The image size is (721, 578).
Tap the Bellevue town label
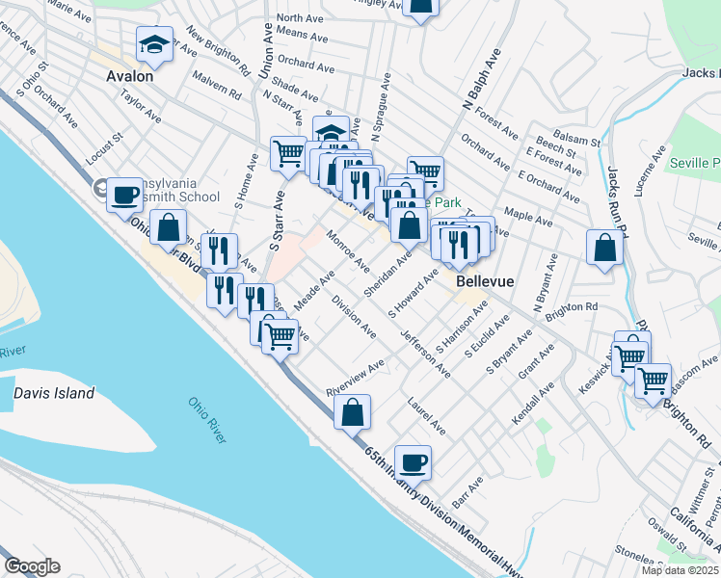[x=484, y=281]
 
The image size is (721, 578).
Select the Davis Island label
[x=54, y=393]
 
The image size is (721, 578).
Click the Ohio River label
[x=208, y=419]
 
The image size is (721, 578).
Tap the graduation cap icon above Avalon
[x=153, y=44]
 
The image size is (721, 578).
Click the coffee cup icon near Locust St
[x=124, y=195]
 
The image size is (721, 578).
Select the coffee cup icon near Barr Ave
[x=413, y=462]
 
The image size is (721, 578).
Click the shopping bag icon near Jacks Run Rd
[x=603, y=248]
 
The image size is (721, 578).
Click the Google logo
[x=32, y=566]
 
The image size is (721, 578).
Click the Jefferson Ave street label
[x=425, y=353]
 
